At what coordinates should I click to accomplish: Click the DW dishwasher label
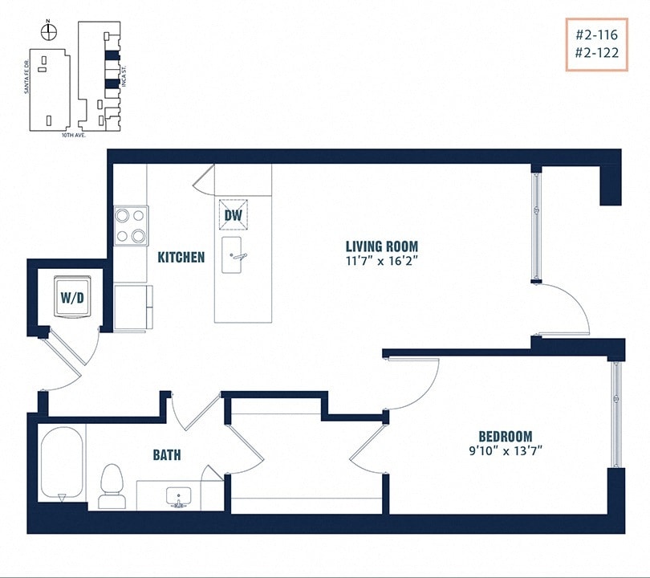(x=233, y=215)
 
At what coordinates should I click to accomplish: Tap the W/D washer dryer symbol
(x=71, y=296)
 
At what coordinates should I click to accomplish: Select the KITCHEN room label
(x=181, y=258)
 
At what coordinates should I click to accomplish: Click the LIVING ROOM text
(x=382, y=246)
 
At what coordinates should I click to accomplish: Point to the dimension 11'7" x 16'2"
(x=382, y=261)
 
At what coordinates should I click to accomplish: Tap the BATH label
(x=167, y=455)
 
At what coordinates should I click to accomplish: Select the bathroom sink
(x=177, y=497)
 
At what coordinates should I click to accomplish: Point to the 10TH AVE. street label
(x=73, y=136)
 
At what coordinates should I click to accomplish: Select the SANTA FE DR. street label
(x=26, y=76)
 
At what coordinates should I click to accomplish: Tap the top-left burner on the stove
(x=123, y=214)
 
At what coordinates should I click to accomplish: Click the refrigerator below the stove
(x=132, y=307)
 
